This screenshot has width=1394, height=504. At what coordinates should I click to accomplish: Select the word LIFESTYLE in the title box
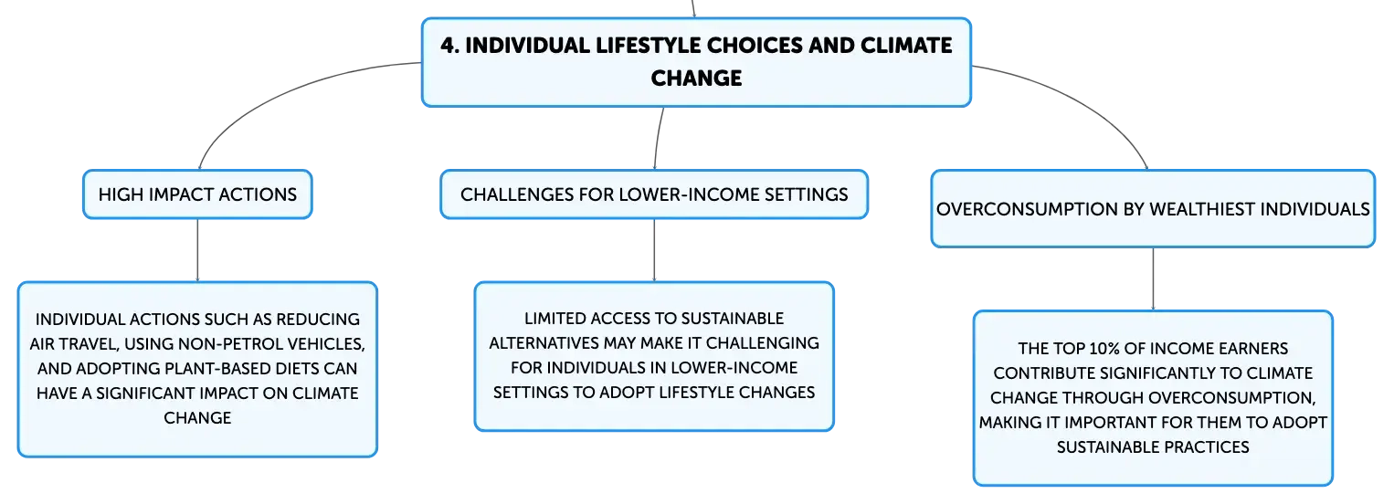(648, 46)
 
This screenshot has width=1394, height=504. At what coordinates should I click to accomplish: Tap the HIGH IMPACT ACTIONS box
(198, 194)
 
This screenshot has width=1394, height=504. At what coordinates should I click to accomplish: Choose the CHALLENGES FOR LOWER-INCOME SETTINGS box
(654, 194)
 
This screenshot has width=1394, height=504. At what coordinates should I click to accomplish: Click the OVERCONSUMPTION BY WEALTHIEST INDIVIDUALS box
(1153, 208)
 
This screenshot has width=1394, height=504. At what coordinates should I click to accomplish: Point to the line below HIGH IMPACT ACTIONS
(198, 250)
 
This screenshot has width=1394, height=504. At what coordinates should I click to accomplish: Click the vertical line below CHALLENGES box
(654, 250)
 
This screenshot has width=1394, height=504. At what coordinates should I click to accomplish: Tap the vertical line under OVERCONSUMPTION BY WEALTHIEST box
(1153, 278)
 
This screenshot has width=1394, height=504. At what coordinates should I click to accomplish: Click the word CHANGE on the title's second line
(696, 79)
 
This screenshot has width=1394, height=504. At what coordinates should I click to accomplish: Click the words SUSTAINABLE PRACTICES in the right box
(1153, 446)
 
